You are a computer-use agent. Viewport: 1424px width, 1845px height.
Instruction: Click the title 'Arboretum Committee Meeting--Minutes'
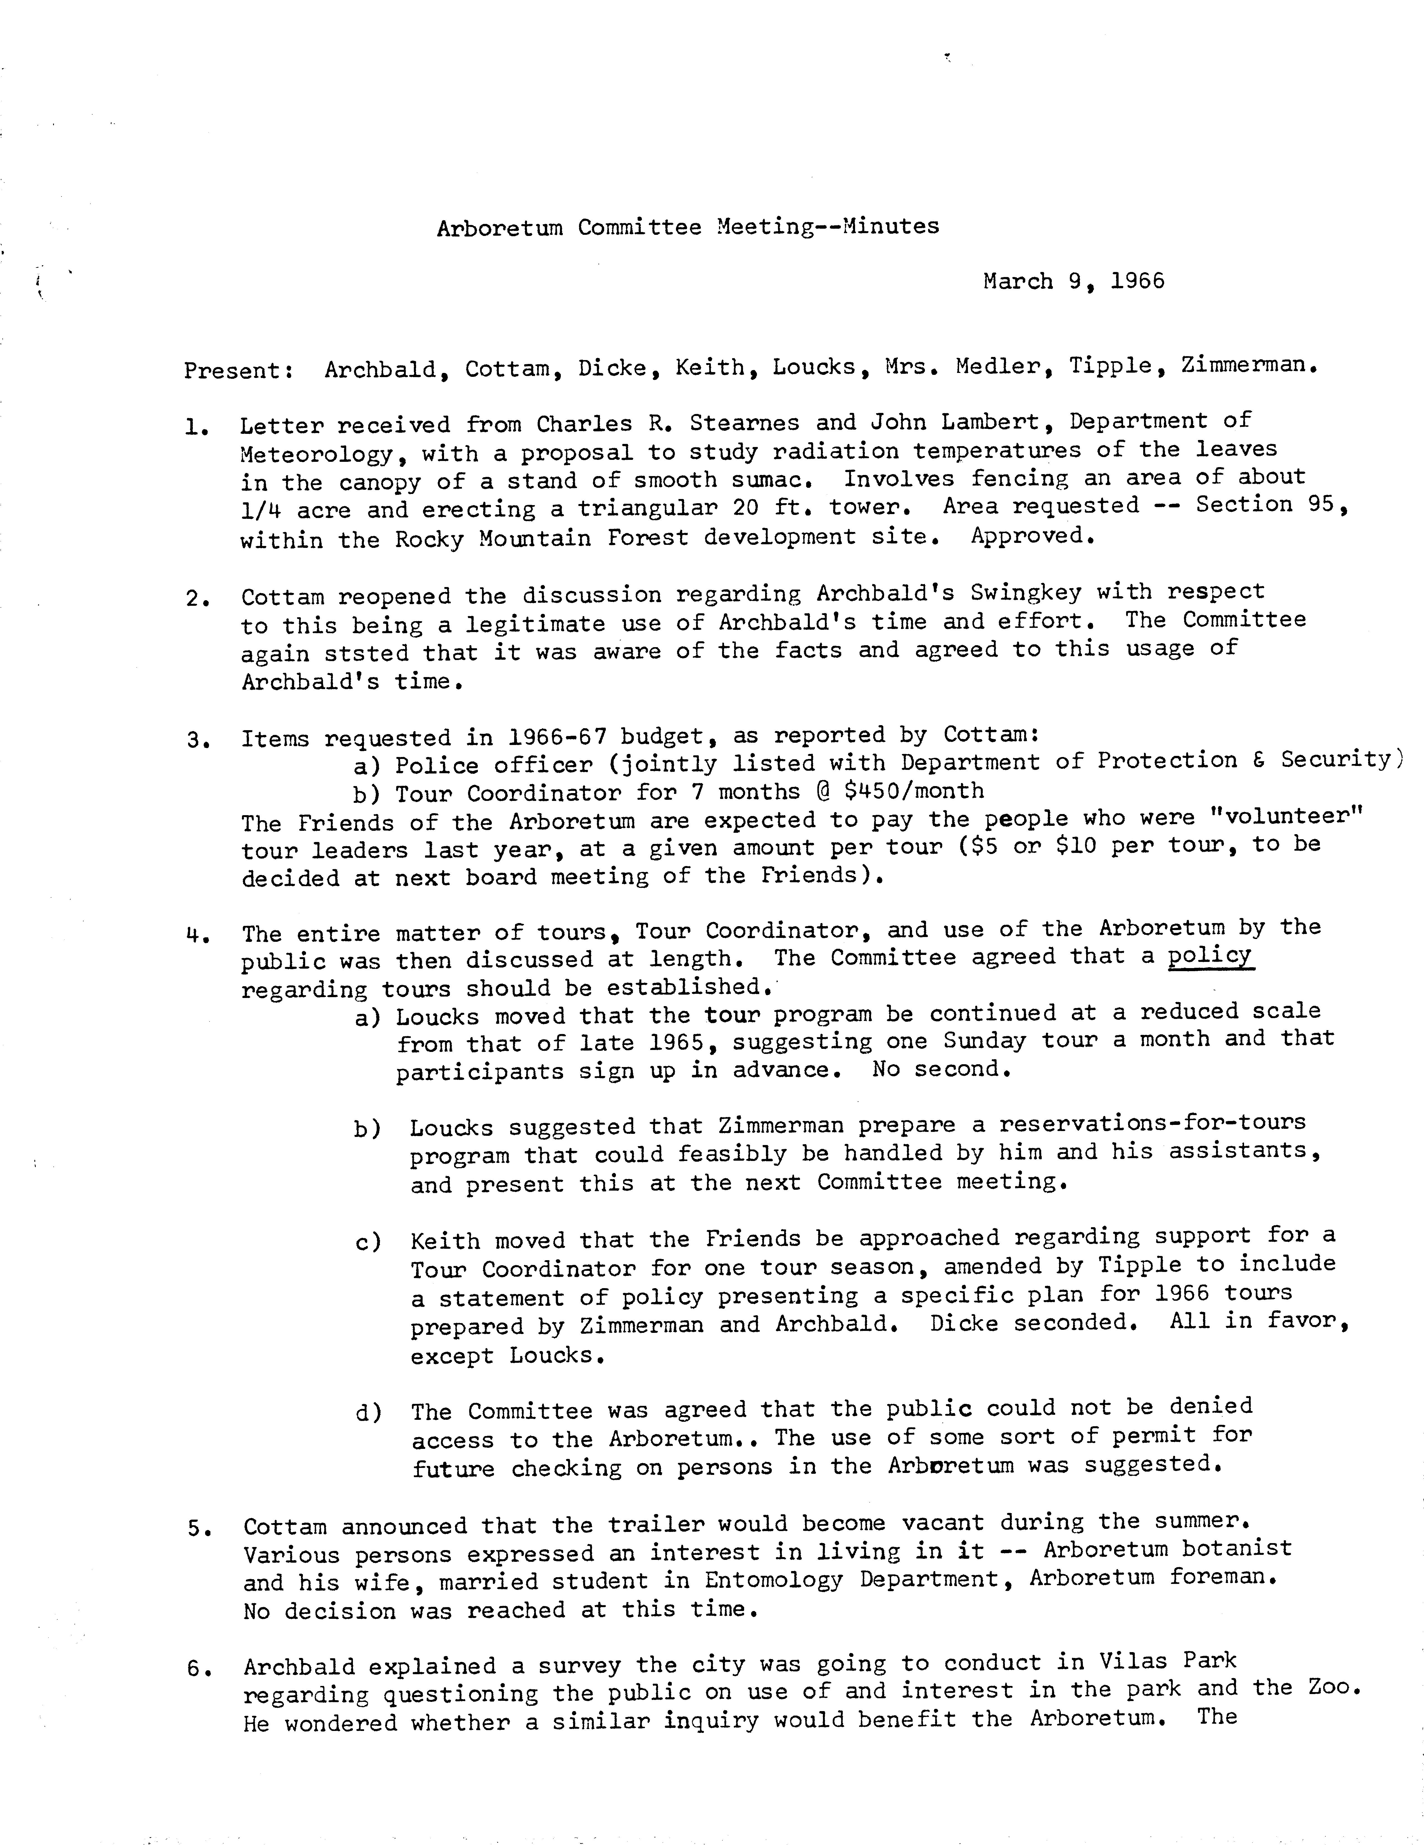point(687,227)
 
